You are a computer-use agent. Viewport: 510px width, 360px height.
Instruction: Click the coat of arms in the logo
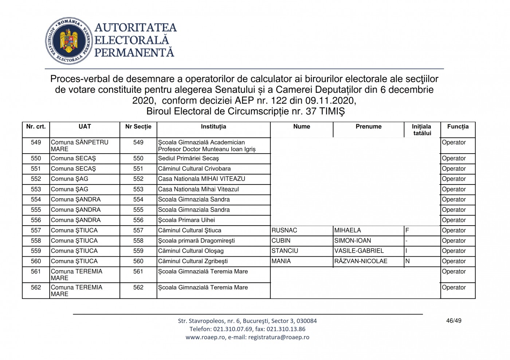pos(69,41)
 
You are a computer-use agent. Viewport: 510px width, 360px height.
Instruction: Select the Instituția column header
pos(213,127)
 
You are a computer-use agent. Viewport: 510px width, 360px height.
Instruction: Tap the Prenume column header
pos(368,127)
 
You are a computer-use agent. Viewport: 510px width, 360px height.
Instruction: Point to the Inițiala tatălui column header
pos(422,130)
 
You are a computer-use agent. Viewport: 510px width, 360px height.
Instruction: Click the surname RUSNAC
pos(285,230)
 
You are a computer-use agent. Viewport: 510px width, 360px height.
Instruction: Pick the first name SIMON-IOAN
pos(353,241)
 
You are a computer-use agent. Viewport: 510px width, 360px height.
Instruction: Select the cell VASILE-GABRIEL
pos(359,251)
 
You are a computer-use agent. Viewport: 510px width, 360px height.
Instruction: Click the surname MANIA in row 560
pos(281,261)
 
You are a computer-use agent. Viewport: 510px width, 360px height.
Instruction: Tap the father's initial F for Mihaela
pos(407,230)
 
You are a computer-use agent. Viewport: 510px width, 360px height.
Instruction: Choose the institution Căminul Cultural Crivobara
pos(194,169)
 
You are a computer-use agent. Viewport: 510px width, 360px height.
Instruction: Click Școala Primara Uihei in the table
pos(187,220)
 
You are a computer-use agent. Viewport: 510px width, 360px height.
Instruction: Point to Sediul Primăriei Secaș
pos(188,158)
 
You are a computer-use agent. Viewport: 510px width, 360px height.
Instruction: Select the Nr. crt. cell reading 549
pos(36,142)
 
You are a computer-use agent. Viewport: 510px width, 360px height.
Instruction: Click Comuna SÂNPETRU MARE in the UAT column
pos(79,146)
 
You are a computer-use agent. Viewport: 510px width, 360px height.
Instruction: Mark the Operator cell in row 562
pos(454,288)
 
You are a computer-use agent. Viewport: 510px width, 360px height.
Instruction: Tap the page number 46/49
pos(454,321)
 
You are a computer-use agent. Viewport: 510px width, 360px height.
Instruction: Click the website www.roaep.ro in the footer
pos(205,337)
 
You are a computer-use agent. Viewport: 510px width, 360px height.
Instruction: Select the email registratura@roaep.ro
pos(279,337)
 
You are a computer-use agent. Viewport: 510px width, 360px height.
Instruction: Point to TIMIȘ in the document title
pos(332,111)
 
